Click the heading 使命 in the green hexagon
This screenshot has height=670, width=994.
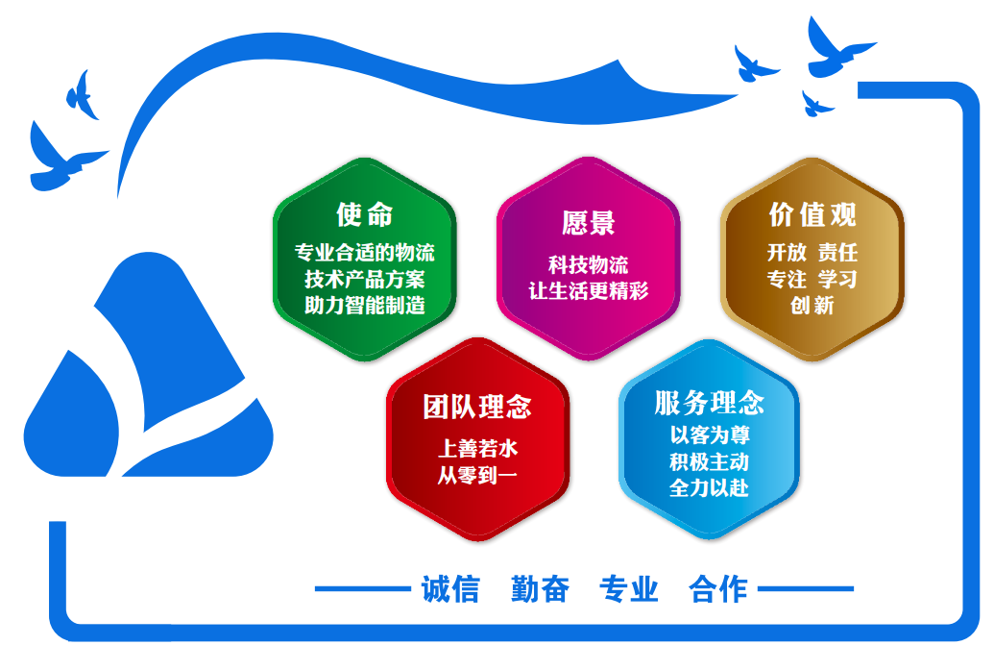365,214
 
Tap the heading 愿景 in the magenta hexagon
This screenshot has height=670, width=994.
589,223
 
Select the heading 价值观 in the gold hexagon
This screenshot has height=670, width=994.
812,214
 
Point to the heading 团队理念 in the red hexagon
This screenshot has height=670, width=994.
477,407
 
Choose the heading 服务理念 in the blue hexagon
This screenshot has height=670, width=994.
710,403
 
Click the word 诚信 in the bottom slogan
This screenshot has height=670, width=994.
450,589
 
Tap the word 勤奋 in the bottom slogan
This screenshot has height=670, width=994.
540,589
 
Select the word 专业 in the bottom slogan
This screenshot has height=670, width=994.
629,589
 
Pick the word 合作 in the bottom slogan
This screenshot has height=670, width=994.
718,589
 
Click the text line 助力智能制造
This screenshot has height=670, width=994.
365,305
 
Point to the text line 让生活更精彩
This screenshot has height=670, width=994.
589,290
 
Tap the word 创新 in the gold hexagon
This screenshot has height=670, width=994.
812,305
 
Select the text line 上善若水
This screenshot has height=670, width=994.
477,449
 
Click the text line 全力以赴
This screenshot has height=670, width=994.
710,487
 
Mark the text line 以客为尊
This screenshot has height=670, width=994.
710,434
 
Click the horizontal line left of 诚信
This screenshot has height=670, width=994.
363,589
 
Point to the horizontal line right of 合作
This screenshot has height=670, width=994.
806,589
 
